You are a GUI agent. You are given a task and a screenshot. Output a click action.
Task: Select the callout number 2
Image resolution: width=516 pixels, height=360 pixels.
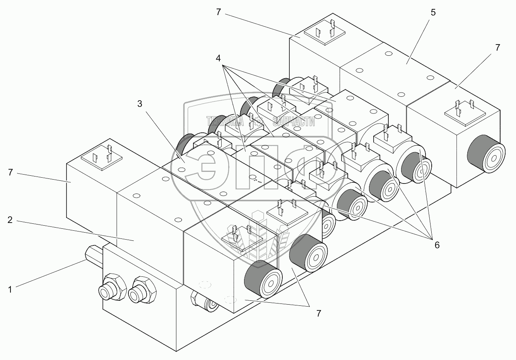[10, 220]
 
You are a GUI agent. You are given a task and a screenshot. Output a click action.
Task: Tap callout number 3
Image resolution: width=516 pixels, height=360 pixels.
[140, 103]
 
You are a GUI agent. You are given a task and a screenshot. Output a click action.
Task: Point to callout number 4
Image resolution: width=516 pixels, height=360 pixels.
[218, 58]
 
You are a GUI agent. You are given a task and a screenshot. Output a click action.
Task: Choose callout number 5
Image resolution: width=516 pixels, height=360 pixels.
[433, 12]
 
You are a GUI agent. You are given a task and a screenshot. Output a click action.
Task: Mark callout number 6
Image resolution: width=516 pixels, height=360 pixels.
[437, 245]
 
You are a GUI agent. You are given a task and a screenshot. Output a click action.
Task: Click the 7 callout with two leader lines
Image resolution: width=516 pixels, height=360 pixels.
[318, 314]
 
